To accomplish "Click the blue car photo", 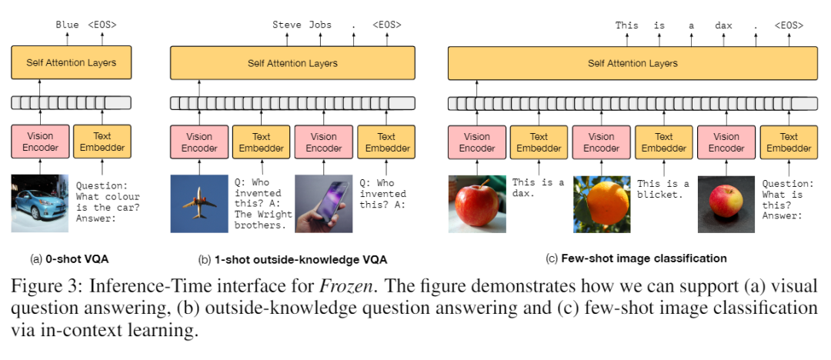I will [40, 204].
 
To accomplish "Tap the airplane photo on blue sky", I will [198, 204].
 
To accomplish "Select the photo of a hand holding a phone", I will [323, 204].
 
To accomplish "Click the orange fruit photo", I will [602, 204].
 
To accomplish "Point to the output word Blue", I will [68, 25].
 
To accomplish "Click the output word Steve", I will [287, 25].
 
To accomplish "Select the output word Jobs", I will [320, 25].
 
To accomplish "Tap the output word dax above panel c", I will [723, 25].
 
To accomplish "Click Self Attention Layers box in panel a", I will [71, 63].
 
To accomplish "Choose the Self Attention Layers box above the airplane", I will [292, 63].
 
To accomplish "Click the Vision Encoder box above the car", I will [40, 142].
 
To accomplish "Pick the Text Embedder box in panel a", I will [102, 142].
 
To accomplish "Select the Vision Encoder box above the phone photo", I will [323, 142].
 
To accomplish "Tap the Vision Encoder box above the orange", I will [602, 142].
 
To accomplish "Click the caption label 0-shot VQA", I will [67, 258].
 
